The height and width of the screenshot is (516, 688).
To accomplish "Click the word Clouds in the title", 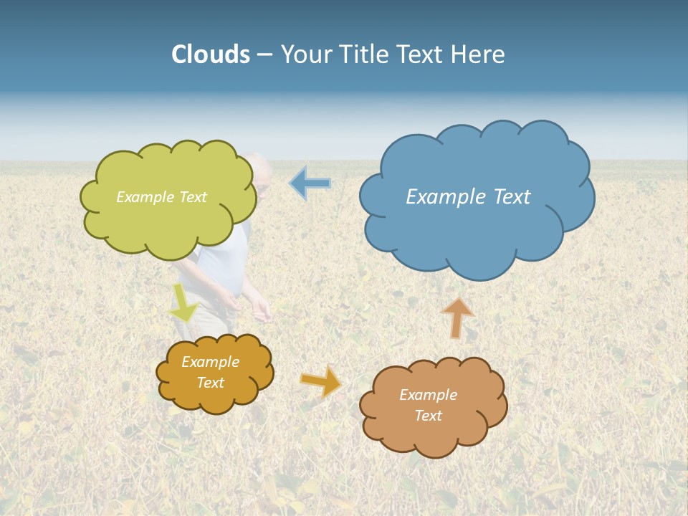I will tap(211, 54).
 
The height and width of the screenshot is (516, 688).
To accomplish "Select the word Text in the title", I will tap(423, 54).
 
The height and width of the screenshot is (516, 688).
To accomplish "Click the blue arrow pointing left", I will tap(310, 183).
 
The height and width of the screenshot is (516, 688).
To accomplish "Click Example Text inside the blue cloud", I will tap(468, 196).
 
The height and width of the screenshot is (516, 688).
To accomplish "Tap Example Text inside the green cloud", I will tap(161, 196).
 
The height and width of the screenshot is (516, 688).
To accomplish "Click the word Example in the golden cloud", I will tap(210, 362).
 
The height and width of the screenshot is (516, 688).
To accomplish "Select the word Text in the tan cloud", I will tap(428, 416).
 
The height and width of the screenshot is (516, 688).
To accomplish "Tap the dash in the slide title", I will tap(264, 55).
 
